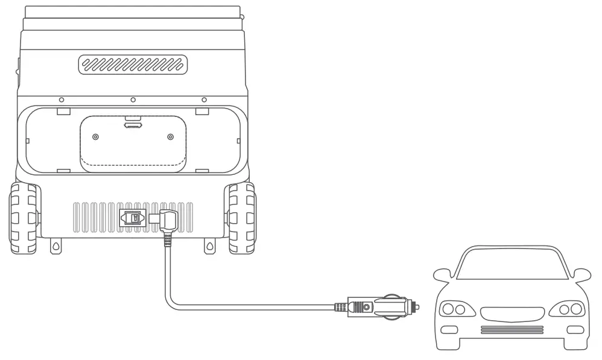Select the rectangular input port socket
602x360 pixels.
(133, 218)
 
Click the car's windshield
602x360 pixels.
(511, 266)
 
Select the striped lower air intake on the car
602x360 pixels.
(512, 329)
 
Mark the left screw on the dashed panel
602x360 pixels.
(95, 137)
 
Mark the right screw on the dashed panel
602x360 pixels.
(170, 137)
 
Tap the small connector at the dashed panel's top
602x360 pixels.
(132, 126)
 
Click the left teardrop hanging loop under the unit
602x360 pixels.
(55, 246)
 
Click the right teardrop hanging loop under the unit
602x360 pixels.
(209, 246)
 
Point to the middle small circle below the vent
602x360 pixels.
(133, 99)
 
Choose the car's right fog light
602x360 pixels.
(575, 329)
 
